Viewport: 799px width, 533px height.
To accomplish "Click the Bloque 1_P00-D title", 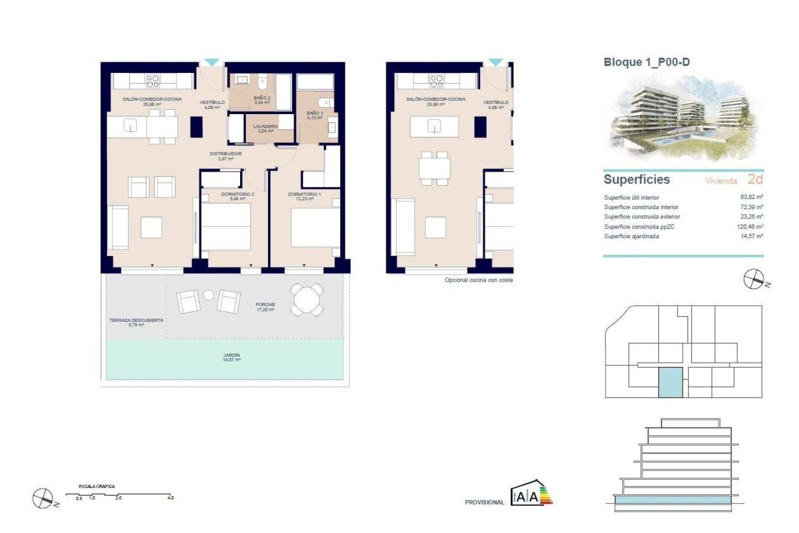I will (646, 62).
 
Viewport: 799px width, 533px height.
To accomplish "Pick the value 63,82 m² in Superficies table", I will (752, 197).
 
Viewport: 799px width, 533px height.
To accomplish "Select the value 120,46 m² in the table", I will (750, 227).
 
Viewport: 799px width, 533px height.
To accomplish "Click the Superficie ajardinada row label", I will (631, 237).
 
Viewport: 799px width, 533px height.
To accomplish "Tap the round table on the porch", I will (306, 300).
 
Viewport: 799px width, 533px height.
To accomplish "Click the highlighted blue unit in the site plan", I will (670, 382).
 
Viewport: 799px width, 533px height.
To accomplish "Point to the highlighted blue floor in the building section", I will (672, 500).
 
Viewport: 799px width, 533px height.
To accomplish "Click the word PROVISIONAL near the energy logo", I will (484, 503).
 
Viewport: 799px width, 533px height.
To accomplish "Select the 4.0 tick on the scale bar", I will (171, 498).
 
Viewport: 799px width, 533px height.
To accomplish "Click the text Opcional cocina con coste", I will (479, 280).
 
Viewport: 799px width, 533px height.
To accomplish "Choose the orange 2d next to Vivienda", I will (755, 179).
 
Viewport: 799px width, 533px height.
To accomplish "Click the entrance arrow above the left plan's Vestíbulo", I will (212, 62).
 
